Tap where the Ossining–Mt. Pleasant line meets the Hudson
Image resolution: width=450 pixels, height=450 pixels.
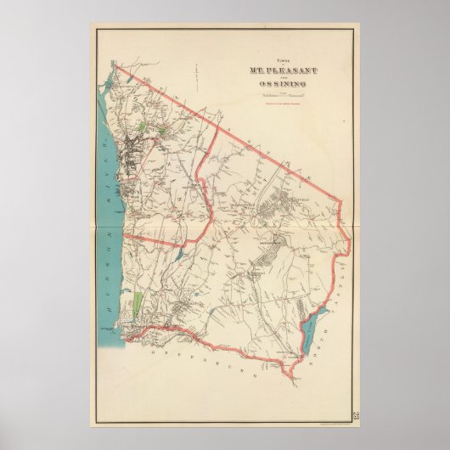pos(124,231)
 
